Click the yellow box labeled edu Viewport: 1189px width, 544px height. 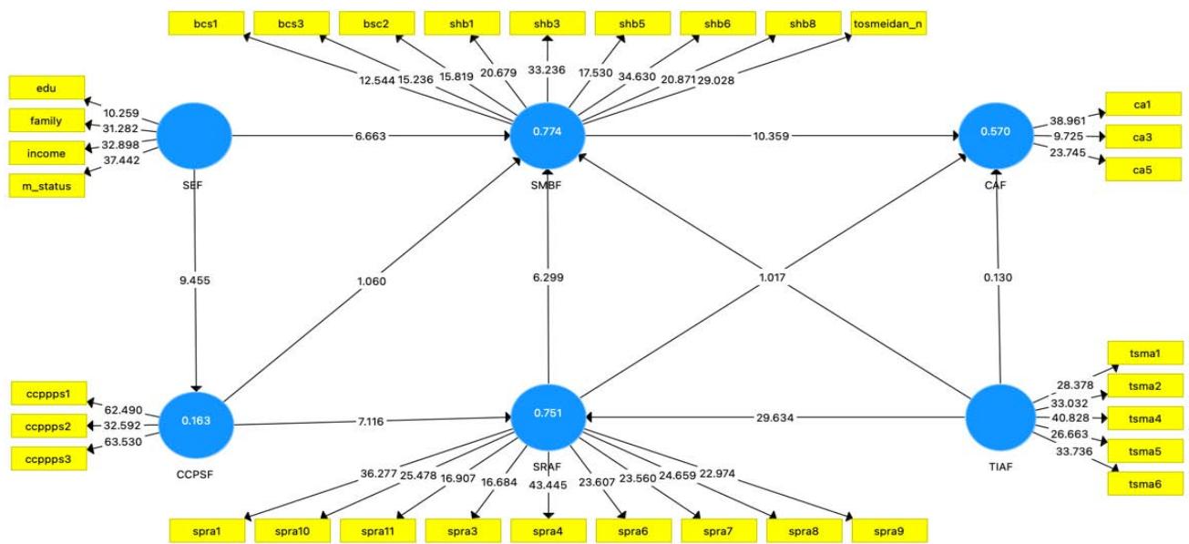pyautogui.click(x=46, y=87)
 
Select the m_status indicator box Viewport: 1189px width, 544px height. pyautogui.click(x=46, y=186)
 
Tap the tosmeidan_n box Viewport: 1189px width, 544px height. pyautogui.click(x=888, y=23)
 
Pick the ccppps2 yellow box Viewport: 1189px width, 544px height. pyautogui.click(x=48, y=426)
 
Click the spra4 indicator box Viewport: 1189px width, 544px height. pyautogui.click(x=548, y=529)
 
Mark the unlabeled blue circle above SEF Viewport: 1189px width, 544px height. pyautogui.click(x=195, y=135)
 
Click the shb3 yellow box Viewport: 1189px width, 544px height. pyautogui.click(x=548, y=23)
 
